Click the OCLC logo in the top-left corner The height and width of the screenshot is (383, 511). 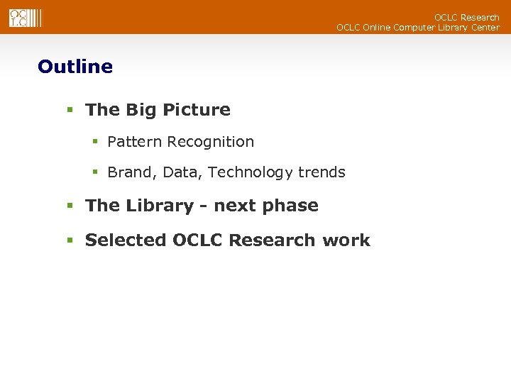click(x=26, y=18)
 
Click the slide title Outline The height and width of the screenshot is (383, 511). click(x=75, y=67)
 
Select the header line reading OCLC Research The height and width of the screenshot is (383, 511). click(x=466, y=17)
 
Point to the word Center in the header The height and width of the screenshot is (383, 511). click(x=483, y=28)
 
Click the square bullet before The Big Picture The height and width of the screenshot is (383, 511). click(x=70, y=111)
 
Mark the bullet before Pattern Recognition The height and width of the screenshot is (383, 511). click(x=94, y=143)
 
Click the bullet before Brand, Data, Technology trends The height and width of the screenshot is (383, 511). click(x=94, y=173)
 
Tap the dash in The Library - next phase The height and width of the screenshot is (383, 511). click(x=204, y=206)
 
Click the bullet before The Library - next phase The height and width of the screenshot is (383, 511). click(x=70, y=206)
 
